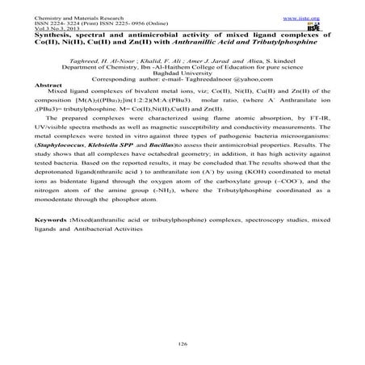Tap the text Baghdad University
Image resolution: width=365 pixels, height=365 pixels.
point(182,70)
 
